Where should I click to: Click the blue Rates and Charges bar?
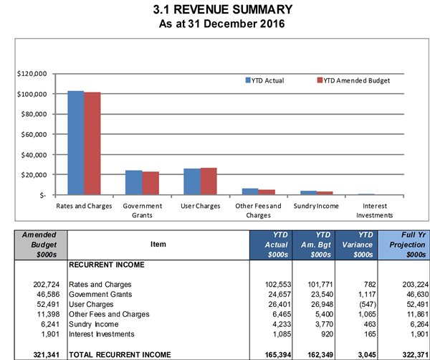tap(76, 143)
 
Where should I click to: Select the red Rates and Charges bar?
tap(92, 143)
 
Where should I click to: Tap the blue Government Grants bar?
tap(134, 182)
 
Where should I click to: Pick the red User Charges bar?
tap(209, 181)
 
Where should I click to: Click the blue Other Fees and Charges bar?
tap(250, 191)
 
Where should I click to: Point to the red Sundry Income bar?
tap(325, 193)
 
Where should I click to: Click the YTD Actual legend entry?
tap(264, 80)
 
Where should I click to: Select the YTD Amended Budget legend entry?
tap(353, 80)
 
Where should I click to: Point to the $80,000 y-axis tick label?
tap(34, 114)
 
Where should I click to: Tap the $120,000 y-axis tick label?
tap(32, 74)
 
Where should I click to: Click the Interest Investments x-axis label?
tap(375, 210)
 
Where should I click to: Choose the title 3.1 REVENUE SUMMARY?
tap(223, 9)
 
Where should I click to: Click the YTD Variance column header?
tap(356, 245)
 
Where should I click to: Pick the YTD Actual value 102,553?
tap(278, 285)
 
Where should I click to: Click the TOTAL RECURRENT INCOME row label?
tap(120, 354)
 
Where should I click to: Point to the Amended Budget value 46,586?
tap(48, 295)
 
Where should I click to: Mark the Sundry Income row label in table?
tap(93, 324)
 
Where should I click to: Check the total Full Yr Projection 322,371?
tap(415, 354)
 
